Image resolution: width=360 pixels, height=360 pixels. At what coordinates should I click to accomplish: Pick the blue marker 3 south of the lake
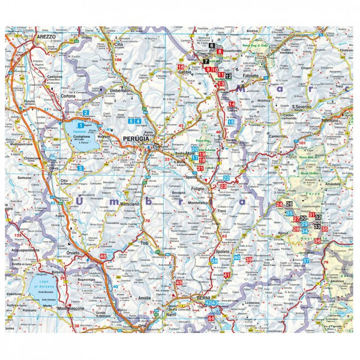(80, 168)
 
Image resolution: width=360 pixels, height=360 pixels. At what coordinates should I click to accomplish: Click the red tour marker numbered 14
(232, 104)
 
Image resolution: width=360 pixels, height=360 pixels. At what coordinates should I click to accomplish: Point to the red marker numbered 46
(103, 256)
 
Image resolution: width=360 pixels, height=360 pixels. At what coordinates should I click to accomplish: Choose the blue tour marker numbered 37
(306, 260)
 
